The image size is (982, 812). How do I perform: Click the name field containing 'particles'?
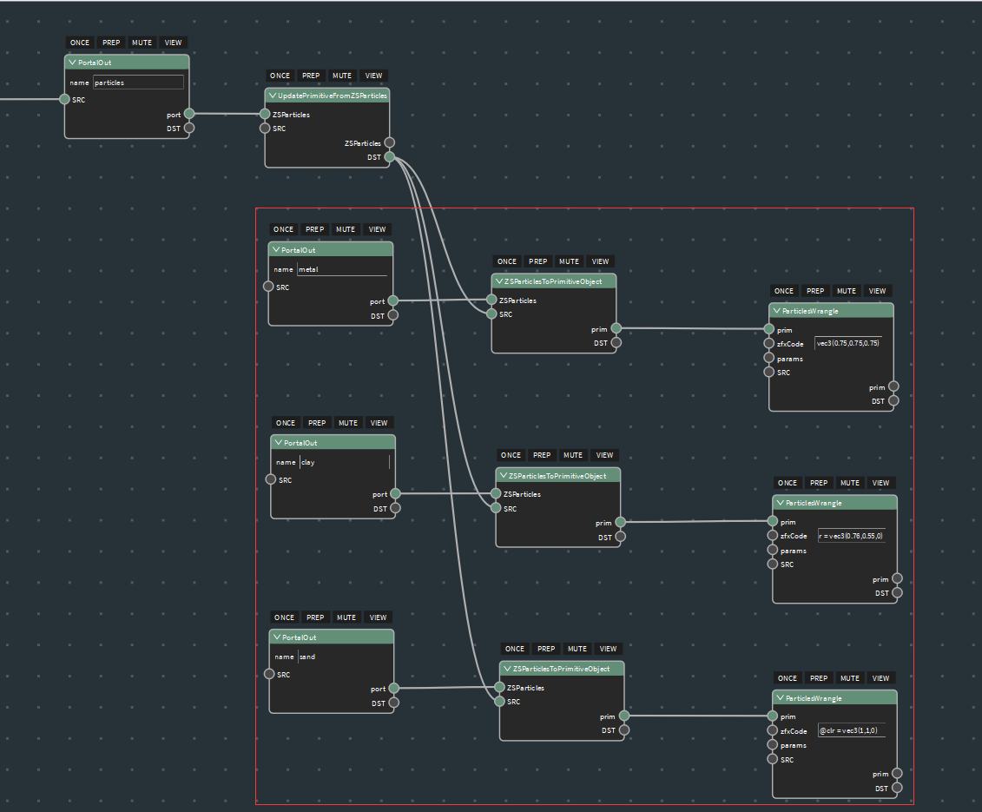click(x=138, y=83)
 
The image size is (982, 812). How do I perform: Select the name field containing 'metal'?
click(x=342, y=269)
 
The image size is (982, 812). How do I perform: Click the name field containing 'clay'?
click(x=345, y=462)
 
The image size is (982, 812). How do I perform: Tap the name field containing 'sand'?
click(x=343, y=657)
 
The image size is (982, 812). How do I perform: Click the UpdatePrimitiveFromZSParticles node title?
click(x=332, y=96)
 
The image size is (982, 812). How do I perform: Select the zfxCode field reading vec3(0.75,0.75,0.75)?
click(x=848, y=343)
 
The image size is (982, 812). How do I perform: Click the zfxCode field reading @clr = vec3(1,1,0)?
click(x=852, y=730)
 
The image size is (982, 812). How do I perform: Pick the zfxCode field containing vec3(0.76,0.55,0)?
click(x=852, y=536)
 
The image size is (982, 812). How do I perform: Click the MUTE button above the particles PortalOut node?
click(x=142, y=43)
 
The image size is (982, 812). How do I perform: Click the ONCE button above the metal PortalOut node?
click(x=284, y=229)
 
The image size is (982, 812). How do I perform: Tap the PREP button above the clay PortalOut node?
click(x=317, y=423)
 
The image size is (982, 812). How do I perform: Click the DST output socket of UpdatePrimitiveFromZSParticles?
click(x=390, y=156)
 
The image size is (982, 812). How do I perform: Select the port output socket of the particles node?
click(x=189, y=114)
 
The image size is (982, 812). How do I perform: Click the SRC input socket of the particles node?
click(x=64, y=99)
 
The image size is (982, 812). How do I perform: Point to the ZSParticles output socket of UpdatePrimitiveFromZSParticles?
click(x=390, y=142)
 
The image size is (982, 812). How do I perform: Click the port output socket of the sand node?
click(x=394, y=688)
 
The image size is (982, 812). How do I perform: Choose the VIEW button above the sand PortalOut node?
click(x=379, y=617)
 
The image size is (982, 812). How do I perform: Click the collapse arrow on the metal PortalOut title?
click(x=275, y=249)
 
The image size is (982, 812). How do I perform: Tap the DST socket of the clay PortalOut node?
click(x=395, y=508)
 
